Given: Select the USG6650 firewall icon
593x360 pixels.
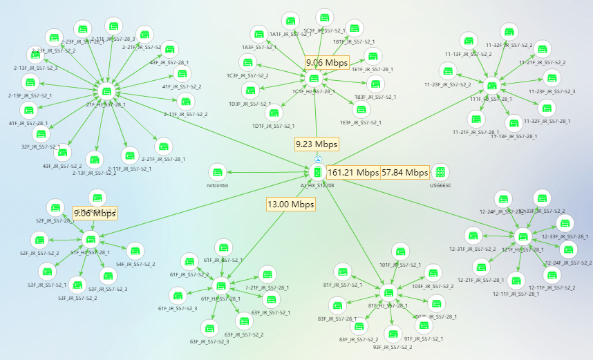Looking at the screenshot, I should click(440, 172).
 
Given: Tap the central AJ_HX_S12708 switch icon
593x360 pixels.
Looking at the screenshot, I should click(318, 172).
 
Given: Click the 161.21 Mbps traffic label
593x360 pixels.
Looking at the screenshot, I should click(353, 172).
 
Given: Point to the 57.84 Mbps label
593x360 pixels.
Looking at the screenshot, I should click(405, 172).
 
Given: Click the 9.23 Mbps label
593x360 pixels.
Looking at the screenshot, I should click(317, 144).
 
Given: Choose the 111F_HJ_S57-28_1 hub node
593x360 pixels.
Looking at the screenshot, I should click(493, 86).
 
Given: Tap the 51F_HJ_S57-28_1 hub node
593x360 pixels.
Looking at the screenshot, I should click(91, 240).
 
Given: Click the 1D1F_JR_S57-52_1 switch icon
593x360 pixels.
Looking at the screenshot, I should click(274, 113).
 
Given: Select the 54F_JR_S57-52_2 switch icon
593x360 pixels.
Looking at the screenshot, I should click(135, 251).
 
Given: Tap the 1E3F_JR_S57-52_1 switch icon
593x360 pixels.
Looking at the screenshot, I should click(361, 109).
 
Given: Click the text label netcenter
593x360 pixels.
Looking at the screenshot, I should click(218, 185).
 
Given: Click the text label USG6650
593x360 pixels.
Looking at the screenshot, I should click(440, 186).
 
